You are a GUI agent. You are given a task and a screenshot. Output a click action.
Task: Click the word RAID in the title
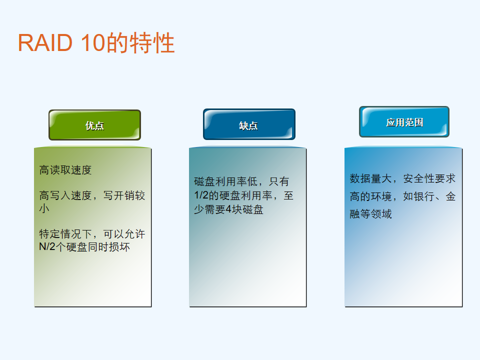click(45, 42)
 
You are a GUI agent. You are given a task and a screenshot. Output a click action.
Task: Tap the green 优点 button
click(94, 125)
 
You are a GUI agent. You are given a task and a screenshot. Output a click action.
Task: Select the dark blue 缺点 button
click(249, 124)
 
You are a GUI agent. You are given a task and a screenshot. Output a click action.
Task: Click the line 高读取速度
click(65, 170)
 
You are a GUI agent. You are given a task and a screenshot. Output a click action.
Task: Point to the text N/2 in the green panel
click(47, 246)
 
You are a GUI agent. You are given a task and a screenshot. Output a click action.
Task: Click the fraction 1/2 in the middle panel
click(201, 195)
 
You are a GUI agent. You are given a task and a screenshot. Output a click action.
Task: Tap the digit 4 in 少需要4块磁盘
click(228, 209)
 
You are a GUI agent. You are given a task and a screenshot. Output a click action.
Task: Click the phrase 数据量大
click(370, 178)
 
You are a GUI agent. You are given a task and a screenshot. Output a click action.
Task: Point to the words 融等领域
click(370, 214)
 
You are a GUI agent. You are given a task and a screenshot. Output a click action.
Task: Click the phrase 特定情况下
click(65, 234)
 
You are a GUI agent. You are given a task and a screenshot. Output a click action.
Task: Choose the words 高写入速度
click(65, 195)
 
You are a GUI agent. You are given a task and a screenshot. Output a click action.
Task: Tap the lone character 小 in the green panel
click(44, 208)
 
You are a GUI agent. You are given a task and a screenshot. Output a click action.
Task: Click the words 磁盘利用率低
click(225, 181)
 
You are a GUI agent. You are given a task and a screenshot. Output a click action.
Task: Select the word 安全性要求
click(429, 178)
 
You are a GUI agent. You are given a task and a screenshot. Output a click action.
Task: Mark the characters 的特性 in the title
click(141, 42)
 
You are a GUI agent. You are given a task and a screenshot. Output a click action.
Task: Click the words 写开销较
click(124, 195)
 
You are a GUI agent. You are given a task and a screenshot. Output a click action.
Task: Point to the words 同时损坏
click(108, 246)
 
